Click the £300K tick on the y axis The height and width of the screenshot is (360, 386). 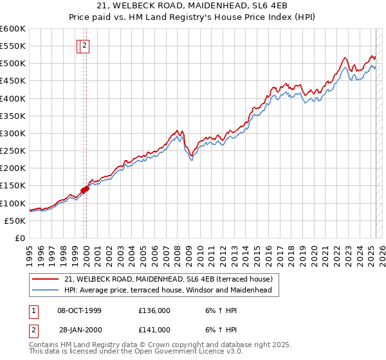pyautogui.click(x=12, y=133)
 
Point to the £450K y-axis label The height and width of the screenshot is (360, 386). pyautogui.click(x=12, y=81)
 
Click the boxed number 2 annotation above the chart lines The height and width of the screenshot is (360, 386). pyautogui.click(x=85, y=46)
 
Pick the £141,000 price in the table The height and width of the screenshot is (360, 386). pyautogui.click(x=154, y=330)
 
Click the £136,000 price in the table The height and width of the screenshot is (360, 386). pyautogui.click(x=154, y=310)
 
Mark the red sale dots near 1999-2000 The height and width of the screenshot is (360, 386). pyautogui.click(x=85, y=188)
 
